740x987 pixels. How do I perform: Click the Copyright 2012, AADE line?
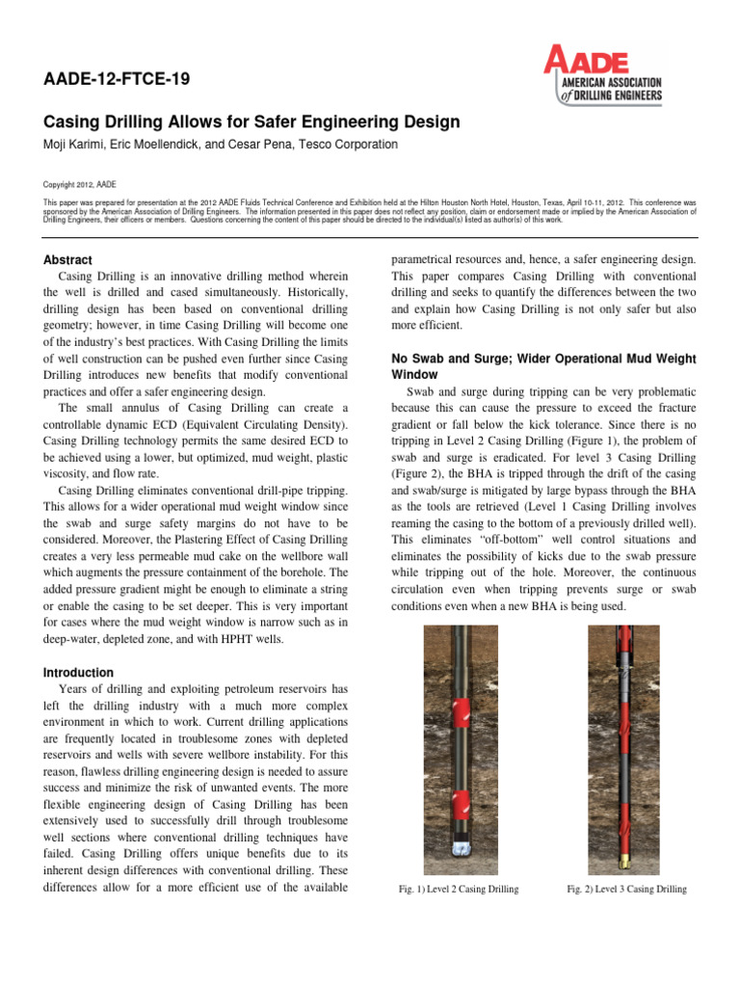(x=80, y=183)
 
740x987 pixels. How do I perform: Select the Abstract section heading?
(x=68, y=260)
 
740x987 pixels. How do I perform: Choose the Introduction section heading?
(x=79, y=672)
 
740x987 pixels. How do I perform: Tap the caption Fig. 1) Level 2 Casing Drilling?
(x=458, y=889)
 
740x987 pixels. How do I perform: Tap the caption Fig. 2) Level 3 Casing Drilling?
(x=626, y=889)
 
